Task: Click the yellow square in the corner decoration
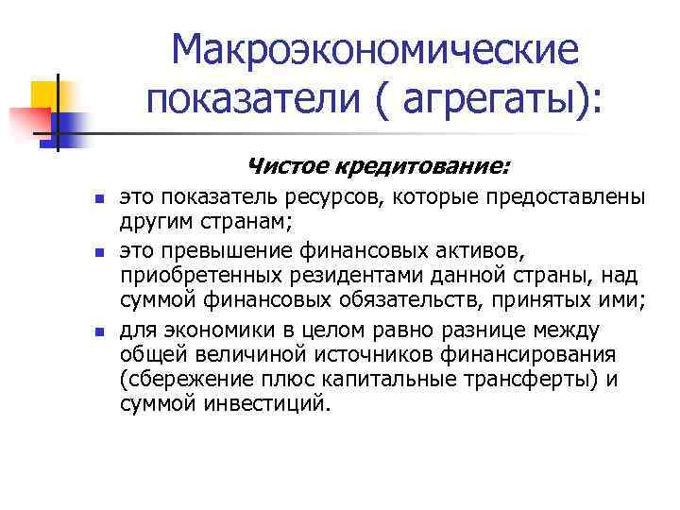(x=45, y=93)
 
